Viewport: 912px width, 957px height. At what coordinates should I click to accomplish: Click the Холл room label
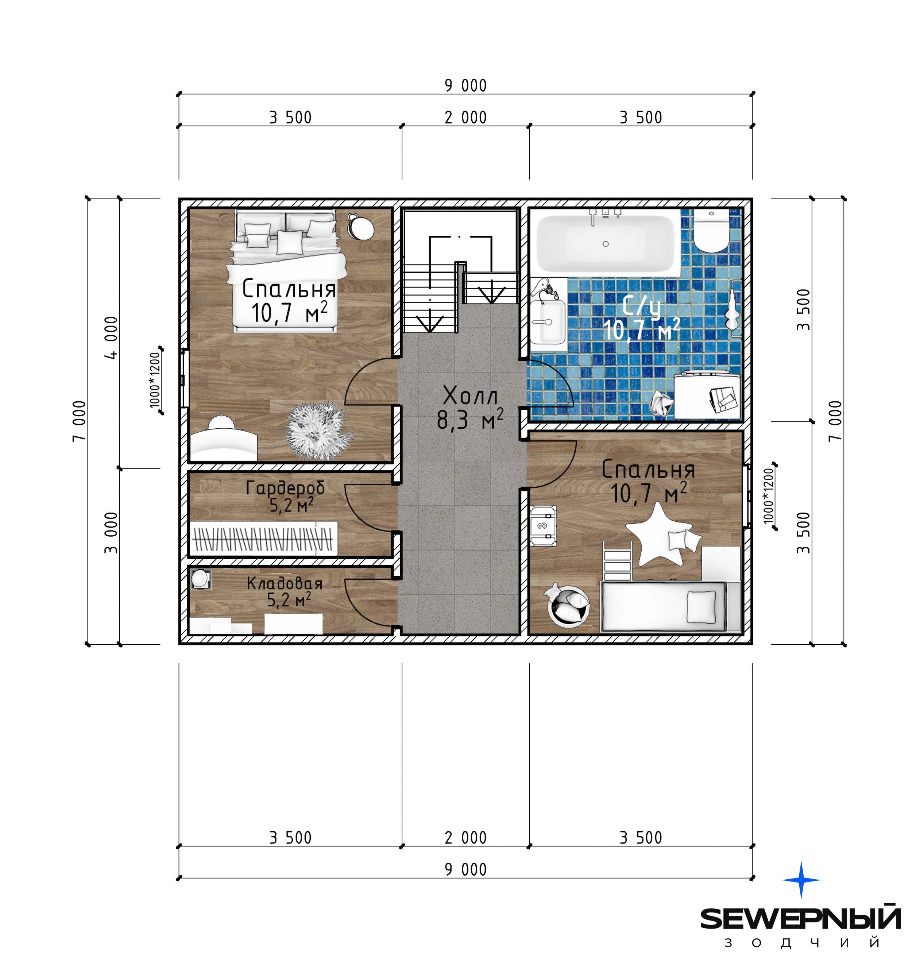coord(471,396)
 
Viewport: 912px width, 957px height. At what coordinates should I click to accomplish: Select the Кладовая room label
coord(285,583)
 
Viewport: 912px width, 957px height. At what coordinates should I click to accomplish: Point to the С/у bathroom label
coord(641,306)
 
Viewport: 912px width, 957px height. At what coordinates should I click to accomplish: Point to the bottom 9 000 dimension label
coord(465,869)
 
